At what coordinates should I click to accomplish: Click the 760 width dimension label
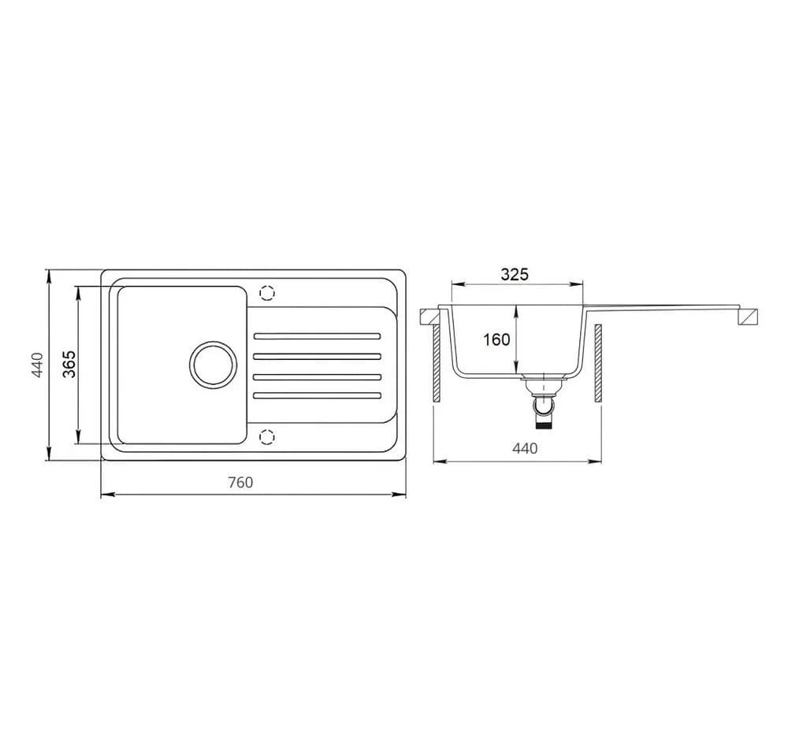(240, 482)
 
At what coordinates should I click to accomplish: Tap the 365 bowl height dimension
(69, 364)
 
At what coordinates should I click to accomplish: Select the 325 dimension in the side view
(515, 274)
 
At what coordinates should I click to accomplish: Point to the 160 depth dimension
(496, 340)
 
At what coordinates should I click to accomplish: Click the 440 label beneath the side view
(525, 448)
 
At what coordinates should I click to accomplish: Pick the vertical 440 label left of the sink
(38, 365)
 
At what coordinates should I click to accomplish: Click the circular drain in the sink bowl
(213, 364)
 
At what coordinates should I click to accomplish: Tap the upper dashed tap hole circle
(267, 292)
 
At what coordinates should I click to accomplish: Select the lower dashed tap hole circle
(267, 436)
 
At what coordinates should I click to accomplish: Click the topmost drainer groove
(317, 335)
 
